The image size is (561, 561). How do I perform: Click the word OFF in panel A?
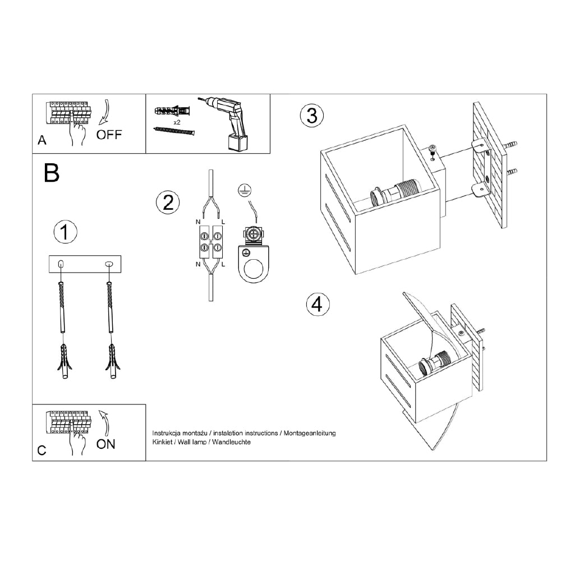(x=109, y=135)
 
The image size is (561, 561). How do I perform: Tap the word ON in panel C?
(x=105, y=444)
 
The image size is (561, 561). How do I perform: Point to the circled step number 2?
(x=168, y=203)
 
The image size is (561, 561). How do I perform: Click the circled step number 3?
(x=311, y=116)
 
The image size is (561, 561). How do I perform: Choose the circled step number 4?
(x=318, y=305)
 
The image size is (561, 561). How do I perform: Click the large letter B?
(x=52, y=173)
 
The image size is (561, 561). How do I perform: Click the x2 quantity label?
(x=177, y=122)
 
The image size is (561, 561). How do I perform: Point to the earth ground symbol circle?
(x=245, y=190)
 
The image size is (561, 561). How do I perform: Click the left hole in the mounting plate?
(x=61, y=264)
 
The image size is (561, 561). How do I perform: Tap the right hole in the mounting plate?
(x=109, y=264)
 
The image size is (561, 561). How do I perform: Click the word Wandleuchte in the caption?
(x=232, y=442)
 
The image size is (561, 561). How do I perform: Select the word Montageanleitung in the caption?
(x=310, y=433)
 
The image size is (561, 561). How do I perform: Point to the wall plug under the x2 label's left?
(x=172, y=111)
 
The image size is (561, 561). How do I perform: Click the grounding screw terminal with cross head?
(x=254, y=234)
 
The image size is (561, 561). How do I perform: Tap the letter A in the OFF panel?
(x=42, y=140)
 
